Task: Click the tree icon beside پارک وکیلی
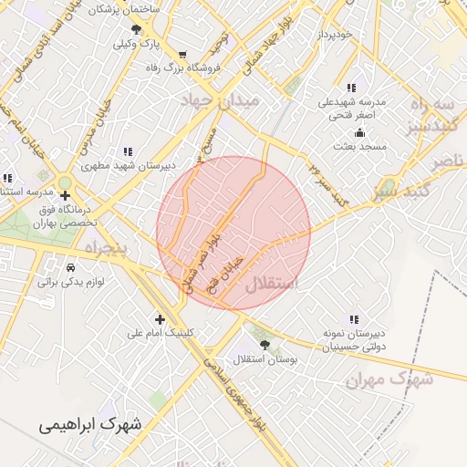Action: tap(136, 29)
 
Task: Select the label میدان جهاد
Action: tap(222, 98)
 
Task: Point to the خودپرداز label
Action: tap(334, 34)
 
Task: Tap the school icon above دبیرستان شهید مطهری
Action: tap(127, 151)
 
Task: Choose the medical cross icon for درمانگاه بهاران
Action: tap(66, 194)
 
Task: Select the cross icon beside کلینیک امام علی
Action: tap(161, 319)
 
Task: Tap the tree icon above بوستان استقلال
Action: tap(265, 345)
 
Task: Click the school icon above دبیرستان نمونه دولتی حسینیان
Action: tap(353, 319)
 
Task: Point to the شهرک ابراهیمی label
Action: tap(91, 424)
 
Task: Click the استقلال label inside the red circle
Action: tap(271, 284)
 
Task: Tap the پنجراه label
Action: tap(109, 247)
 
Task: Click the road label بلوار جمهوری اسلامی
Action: tap(240, 397)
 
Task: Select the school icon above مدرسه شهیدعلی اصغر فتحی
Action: tap(351, 88)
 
